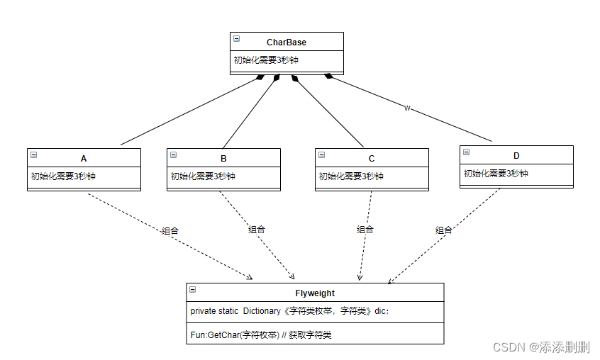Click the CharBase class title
click(287, 43)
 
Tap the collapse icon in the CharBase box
click(236, 40)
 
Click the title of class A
click(84, 158)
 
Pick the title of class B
click(223, 158)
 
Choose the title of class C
click(372, 158)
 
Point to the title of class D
click(516, 155)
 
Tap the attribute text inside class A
click(63, 176)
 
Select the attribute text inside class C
click(351, 176)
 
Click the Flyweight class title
click(315, 293)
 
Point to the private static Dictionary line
click(289, 311)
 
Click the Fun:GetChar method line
click(260, 334)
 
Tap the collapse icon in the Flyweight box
click(193, 290)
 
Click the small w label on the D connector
click(407, 108)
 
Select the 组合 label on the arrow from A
click(170, 230)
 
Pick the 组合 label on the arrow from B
click(257, 229)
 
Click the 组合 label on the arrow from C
click(365, 229)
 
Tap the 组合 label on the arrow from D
click(444, 230)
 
